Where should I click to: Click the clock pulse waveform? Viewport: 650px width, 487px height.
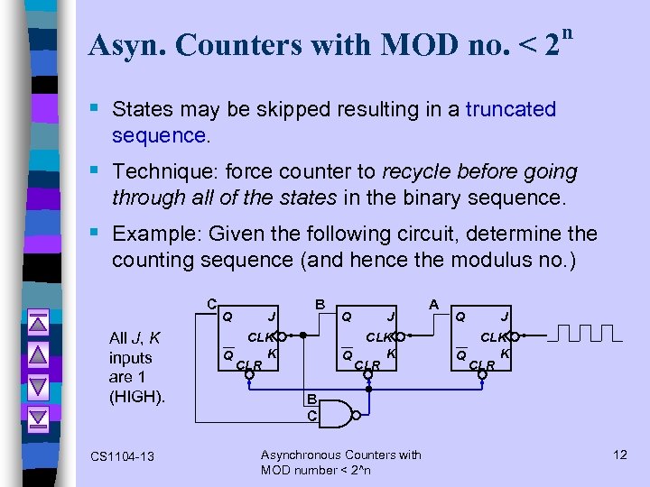tap(587, 335)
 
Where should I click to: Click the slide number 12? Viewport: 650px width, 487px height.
tap(619, 454)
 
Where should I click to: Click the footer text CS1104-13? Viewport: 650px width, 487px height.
tap(123, 456)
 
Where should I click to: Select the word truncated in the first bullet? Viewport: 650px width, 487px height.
tap(511, 110)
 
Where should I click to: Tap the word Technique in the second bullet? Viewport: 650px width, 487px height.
tap(158, 171)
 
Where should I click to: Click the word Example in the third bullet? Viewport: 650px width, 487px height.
tap(154, 234)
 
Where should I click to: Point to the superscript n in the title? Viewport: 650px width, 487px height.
tap(566, 33)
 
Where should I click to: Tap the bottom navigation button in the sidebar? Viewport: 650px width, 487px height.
tap(37, 417)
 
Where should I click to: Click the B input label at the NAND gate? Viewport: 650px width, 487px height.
tap(310, 400)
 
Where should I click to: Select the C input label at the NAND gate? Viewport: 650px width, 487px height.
tap(310, 416)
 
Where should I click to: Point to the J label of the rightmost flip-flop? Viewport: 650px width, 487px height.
tap(504, 317)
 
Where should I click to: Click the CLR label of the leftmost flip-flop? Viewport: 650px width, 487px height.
tap(248, 365)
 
